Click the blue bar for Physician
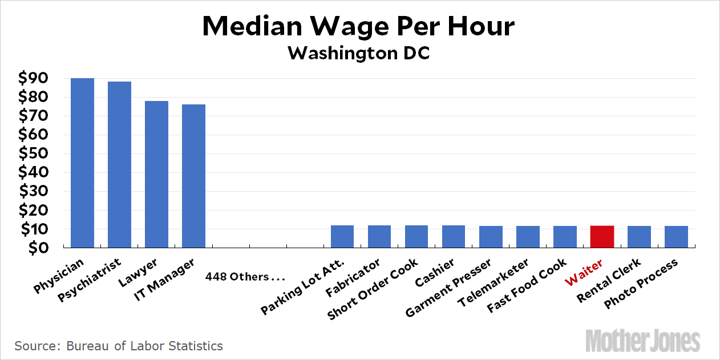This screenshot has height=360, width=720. pyautogui.click(x=82, y=163)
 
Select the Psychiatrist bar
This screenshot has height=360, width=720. pyautogui.click(x=119, y=164)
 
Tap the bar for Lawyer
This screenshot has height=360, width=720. pyautogui.click(x=156, y=174)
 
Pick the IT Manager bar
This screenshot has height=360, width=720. pyautogui.click(x=193, y=176)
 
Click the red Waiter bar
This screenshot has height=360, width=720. pyautogui.click(x=602, y=237)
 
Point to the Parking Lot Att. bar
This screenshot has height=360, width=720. pyautogui.click(x=342, y=237)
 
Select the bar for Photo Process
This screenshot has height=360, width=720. pyautogui.click(x=676, y=237)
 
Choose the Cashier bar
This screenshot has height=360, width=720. pyautogui.click(x=454, y=237)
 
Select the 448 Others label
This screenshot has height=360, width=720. pyautogui.click(x=245, y=277)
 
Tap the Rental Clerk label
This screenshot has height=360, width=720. pyautogui.click(x=609, y=280)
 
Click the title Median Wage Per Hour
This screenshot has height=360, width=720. pyautogui.click(x=359, y=26)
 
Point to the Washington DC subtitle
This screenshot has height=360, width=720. pyautogui.click(x=359, y=53)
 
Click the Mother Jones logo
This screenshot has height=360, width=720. pyautogui.click(x=642, y=341)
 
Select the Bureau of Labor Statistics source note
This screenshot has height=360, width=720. pyautogui.click(x=119, y=346)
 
